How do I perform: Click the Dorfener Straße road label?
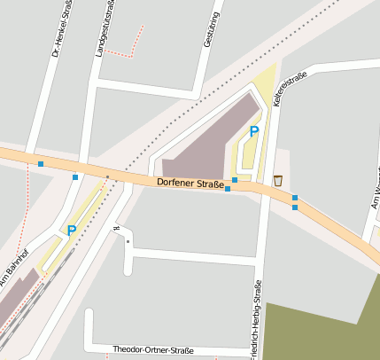coord(189,183)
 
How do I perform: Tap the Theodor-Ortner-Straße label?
coord(153,350)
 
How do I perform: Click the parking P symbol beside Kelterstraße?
coord(254,131)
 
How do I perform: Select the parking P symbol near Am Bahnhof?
coord(72,231)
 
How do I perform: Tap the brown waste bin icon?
coord(277,181)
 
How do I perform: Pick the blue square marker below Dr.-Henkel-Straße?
coord(41,163)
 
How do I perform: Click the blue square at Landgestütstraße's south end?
coord(75,177)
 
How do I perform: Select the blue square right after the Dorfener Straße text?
coord(228,188)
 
